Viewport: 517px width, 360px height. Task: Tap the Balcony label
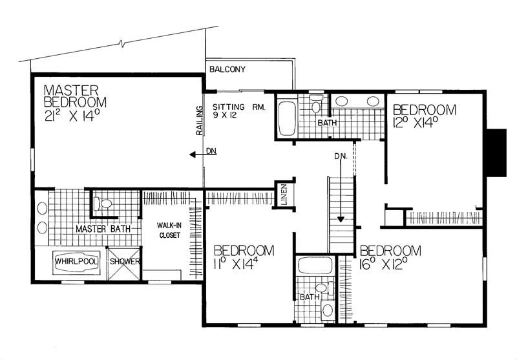pos(226,70)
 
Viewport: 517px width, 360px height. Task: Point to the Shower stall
pos(122,262)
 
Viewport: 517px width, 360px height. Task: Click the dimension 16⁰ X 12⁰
pos(390,264)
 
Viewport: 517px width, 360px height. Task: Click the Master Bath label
pos(103,229)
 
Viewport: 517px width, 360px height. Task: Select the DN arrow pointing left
pos(193,154)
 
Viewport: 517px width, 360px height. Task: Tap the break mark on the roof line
pos(123,45)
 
